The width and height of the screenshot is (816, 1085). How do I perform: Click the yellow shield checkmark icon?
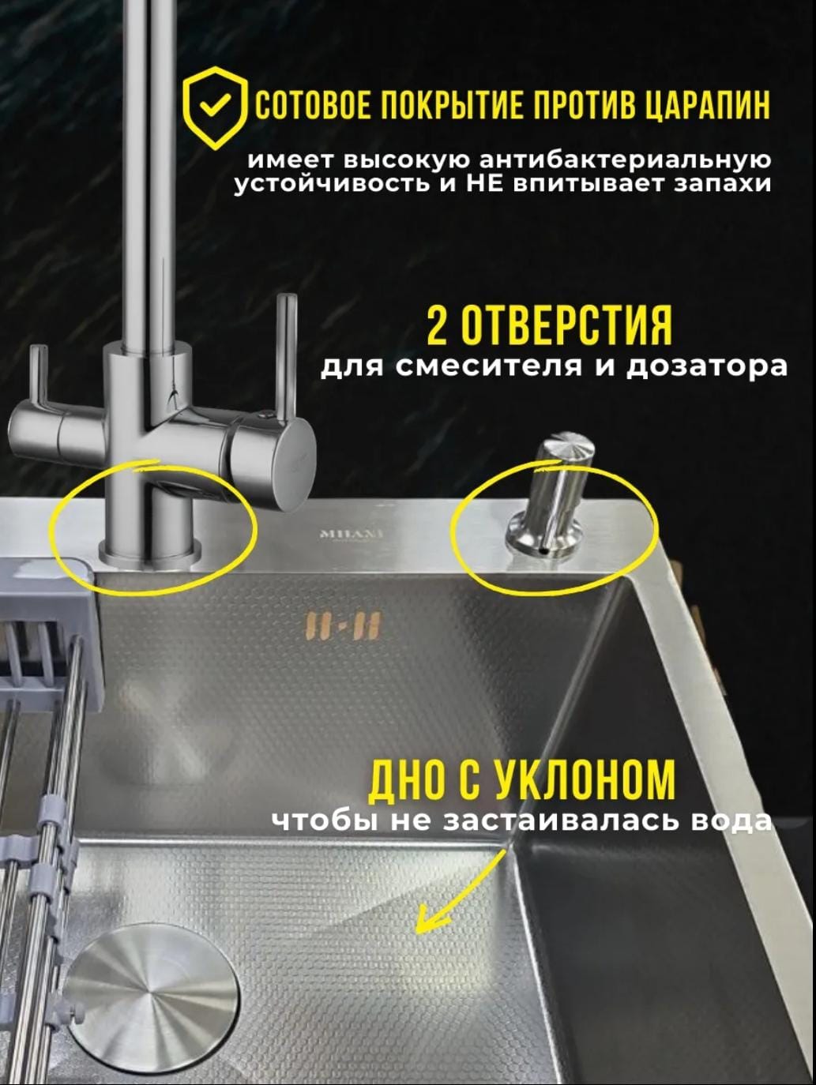[x=215, y=107]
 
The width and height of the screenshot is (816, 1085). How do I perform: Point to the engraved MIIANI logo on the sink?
[x=352, y=535]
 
